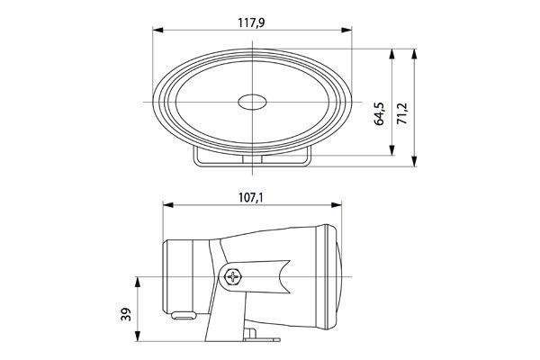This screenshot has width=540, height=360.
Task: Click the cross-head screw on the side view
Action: coord(237,276)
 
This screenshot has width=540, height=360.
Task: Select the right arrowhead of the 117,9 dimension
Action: coord(347,33)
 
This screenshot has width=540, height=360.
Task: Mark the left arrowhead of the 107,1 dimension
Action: coord(167,206)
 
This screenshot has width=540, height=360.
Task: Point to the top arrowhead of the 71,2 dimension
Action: coord(414,52)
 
